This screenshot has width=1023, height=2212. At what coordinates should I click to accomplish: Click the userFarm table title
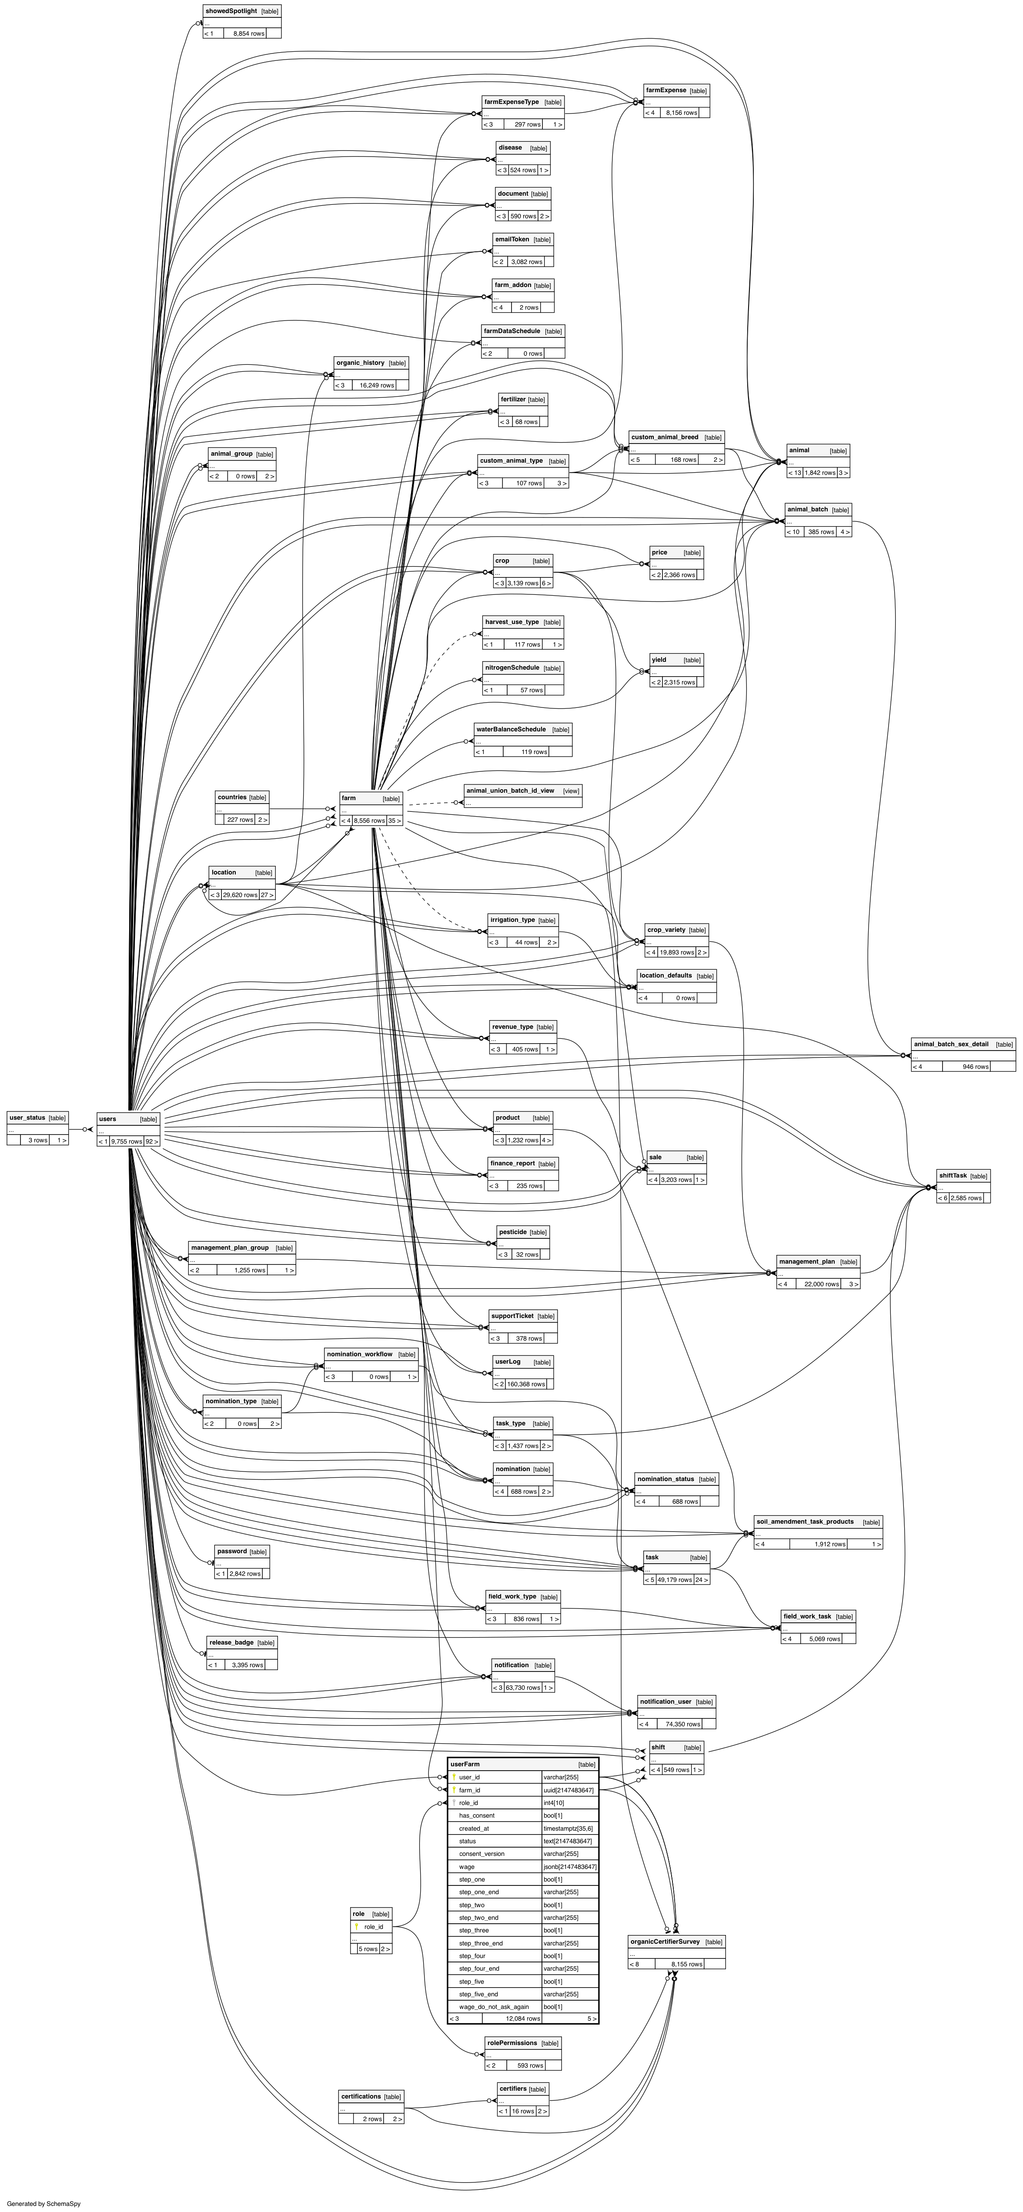[x=465, y=1764]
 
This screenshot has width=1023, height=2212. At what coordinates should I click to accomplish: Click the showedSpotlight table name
[x=230, y=11]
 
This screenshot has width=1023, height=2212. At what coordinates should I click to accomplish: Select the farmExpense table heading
[x=665, y=90]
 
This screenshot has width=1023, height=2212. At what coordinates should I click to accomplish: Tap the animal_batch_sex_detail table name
[x=951, y=1044]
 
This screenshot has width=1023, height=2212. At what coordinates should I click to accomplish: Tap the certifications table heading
[x=361, y=2096]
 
